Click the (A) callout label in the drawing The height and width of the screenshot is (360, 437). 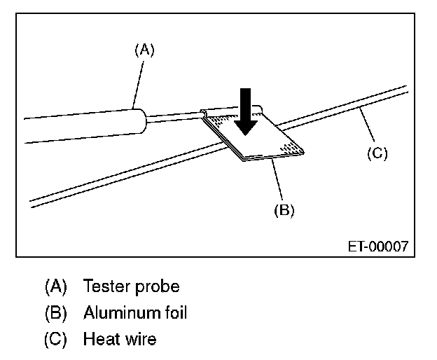tap(144, 49)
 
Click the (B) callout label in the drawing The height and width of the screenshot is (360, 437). tap(284, 209)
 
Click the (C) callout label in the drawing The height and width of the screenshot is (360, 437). tap(377, 153)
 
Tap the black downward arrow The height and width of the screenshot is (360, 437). tap(245, 111)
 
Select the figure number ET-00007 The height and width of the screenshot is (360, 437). tap(378, 247)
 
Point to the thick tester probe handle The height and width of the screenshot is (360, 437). tap(84, 124)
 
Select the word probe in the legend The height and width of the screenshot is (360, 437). tap(157, 287)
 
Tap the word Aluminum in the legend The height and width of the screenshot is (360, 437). tap(120, 313)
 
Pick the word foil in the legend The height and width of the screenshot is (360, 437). tap(175, 313)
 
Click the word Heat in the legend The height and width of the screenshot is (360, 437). tap(99, 340)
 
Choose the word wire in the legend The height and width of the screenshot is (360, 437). tap(139, 340)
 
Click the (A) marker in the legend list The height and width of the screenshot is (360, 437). tap(55, 286)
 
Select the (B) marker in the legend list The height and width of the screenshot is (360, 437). tap(55, 313)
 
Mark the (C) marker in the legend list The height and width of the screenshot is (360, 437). tap(55, 340)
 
